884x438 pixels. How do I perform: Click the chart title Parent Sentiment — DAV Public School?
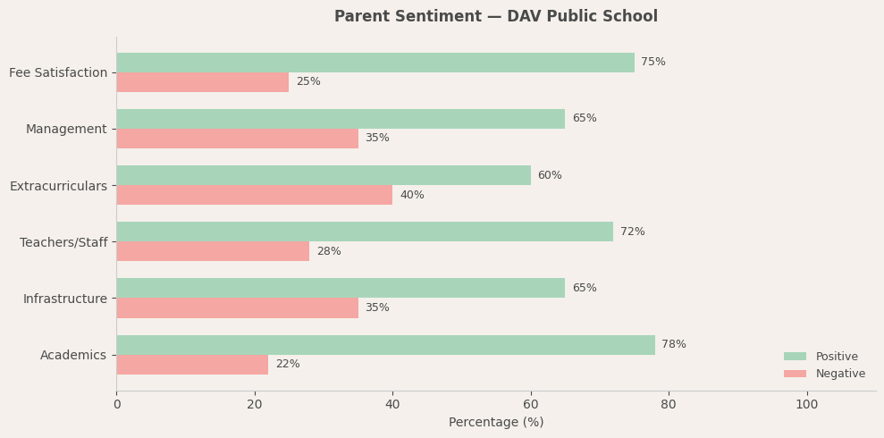[495, 17]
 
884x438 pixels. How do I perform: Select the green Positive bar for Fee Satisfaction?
[375, 63]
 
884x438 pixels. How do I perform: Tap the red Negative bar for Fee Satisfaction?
[203, 82]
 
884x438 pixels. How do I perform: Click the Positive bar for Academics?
[385, 345]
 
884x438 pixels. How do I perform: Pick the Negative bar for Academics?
[192, 365]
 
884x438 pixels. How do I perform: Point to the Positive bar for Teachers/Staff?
[365, 232]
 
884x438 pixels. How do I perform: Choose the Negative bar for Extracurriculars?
[255, 195]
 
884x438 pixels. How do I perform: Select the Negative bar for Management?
[237, 139]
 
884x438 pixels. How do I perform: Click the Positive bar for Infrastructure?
[341, 288]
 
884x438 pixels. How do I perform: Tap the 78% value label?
[674, 345]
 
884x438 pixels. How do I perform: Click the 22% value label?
[288, 365]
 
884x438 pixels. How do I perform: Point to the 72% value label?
[633, 232]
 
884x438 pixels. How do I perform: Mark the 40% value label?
[412, 196]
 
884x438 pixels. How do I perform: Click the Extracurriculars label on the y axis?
[58, 186]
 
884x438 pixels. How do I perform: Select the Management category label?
[66, 130]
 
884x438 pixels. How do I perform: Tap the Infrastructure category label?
[65, 299]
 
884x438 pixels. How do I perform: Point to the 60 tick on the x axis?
[531, 405]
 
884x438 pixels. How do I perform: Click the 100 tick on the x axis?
[807, 405]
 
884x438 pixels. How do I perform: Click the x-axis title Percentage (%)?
[496, 423]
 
